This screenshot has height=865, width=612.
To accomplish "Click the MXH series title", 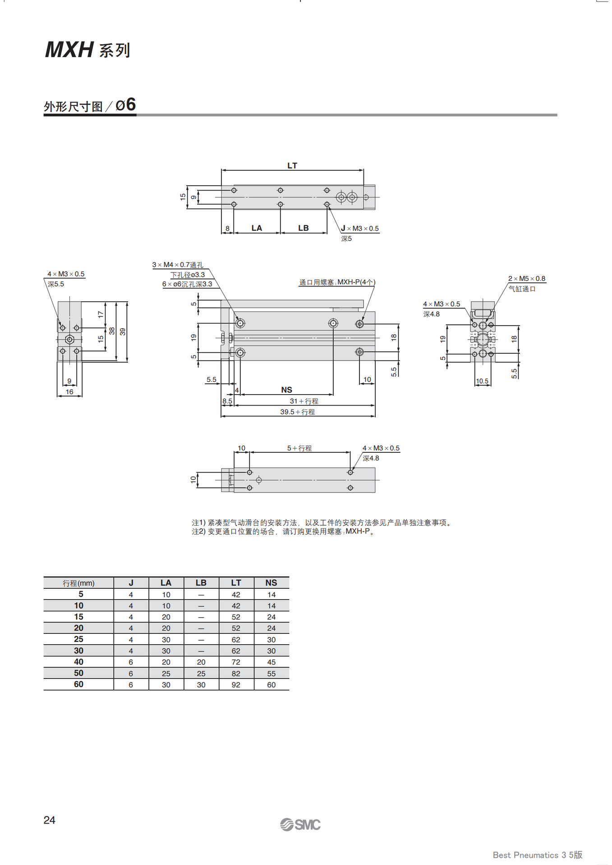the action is tap(87, 50).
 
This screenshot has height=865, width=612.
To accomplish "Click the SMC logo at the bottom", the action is tap(300, 824).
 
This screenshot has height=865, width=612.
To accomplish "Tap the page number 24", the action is tap(49, 820).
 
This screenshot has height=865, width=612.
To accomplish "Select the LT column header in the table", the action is tap(236, 583).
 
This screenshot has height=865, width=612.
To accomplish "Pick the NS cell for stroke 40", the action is tap(271, 662).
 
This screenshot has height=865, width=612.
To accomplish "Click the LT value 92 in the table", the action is tap(236, 685).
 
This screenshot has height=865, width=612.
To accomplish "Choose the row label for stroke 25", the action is tap(78, 639).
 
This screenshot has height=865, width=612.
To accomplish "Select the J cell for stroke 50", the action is tap(131, 674).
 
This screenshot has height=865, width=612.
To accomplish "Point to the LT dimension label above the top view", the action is tap(292, 165).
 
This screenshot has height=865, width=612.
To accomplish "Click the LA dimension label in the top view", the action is tap(257, 228).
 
